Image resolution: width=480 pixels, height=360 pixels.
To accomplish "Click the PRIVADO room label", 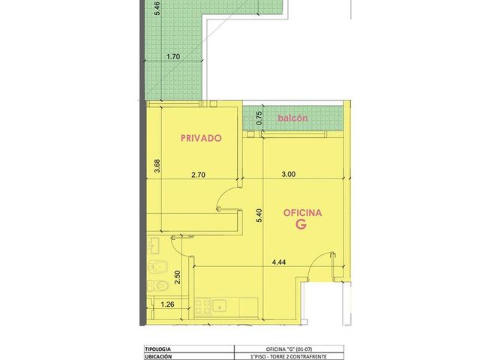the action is click(201, 138).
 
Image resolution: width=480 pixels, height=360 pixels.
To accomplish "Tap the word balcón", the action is click(292, 118).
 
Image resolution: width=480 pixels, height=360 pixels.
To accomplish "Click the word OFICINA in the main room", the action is click(302, 213).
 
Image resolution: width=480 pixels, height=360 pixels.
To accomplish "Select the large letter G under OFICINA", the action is click(301, 224).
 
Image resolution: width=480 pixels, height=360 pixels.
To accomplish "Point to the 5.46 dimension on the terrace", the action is click(157, 8).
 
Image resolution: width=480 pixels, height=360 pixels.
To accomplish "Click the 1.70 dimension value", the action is click(173, 57).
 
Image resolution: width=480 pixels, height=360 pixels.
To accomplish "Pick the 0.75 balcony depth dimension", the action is click(259, 118).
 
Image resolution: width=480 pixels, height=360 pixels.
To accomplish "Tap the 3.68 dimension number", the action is click(157, 166).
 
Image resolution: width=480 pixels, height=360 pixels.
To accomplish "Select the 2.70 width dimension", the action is click(198, 175).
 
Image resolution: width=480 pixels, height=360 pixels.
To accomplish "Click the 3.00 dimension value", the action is click(288, 174).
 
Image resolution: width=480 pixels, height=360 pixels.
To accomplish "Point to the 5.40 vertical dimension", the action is click(259, 215).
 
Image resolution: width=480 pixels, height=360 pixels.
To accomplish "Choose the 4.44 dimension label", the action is click(279, 262).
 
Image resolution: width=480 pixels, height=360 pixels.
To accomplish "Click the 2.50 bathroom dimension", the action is click(177, 277).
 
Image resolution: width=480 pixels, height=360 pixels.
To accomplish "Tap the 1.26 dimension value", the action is click(167, 304).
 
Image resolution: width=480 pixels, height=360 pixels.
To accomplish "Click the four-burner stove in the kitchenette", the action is click(202, 307).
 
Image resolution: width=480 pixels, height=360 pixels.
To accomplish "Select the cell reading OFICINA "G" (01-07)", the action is click(289, 349).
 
